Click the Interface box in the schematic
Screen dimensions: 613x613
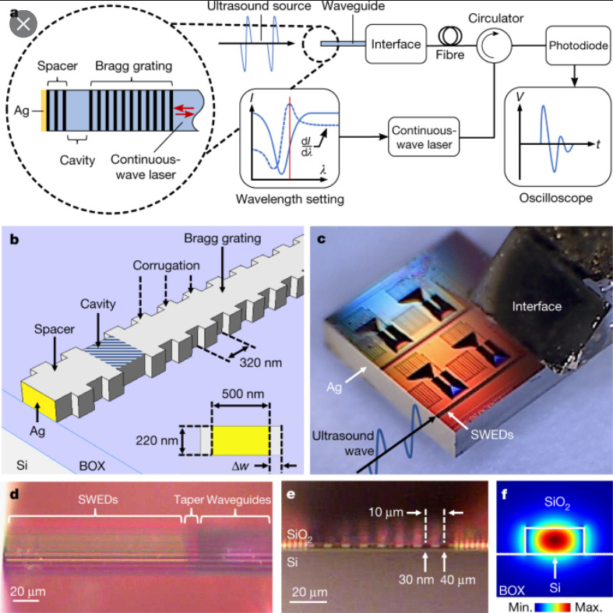click(x=396, y=44)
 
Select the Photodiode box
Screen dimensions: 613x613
click(x=578, y=45)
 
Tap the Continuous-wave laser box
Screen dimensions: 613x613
click(x=424, y=137)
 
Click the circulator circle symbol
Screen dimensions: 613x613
click(x=494, y=45)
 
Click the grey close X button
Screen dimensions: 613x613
click(x=23, y=24)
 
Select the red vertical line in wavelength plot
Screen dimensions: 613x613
click(x=290, y=138)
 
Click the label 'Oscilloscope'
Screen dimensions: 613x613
click(x=555, y=198)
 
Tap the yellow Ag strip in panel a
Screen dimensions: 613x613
click(x=44, y=111)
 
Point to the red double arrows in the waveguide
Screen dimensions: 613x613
click(x=184, y=111)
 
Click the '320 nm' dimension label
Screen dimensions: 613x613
click(x=260, y=363)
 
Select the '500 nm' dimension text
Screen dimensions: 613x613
click(x=243, y=393)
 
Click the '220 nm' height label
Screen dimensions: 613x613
click(x=157, y=441)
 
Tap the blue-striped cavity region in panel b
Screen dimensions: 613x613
click(x=115, y=351)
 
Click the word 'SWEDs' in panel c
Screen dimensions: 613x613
click(x=491, y=435)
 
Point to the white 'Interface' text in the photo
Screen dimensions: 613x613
click(x=537, y=306)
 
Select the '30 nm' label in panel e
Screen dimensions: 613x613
click(x=416, y=580)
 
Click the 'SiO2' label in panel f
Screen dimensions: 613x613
click(x=557, y=502)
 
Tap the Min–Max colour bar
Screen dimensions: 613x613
click(x=553, y=607)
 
